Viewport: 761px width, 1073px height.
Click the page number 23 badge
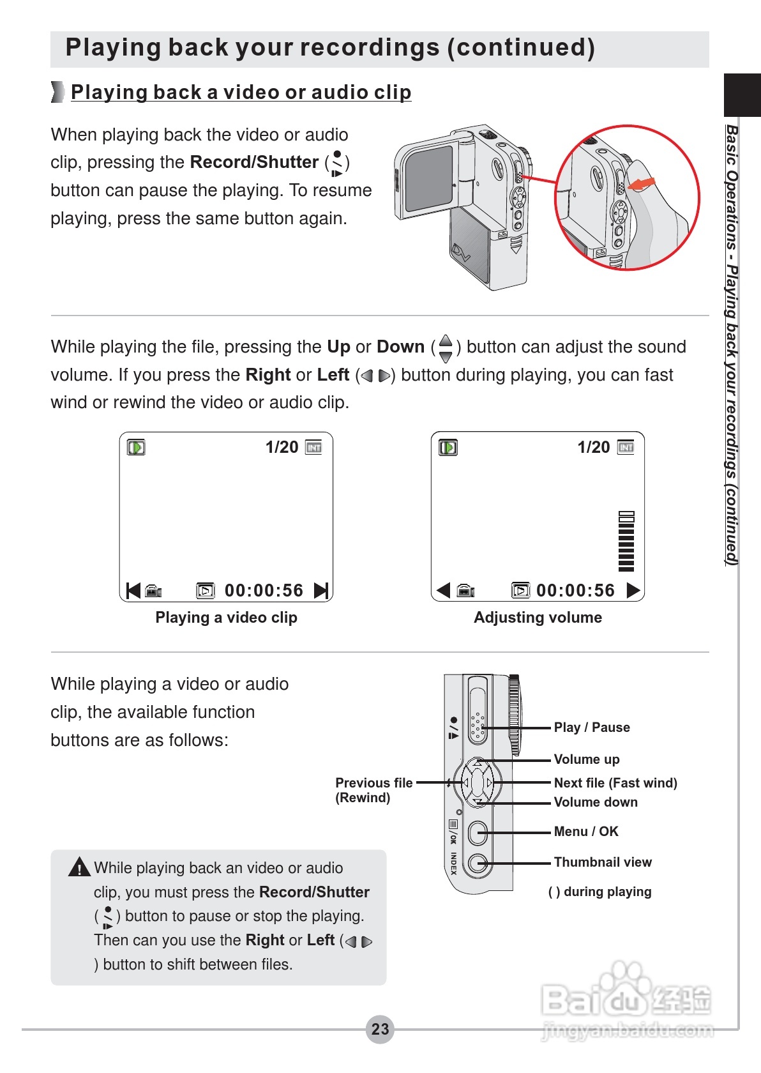tap(380, 1029)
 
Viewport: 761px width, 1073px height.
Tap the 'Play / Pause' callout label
tap(591, 727)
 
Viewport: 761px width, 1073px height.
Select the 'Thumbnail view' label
tap(603, 862)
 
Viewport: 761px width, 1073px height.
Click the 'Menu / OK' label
tap(586, 832)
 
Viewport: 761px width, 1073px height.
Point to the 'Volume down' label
tap(596, 802)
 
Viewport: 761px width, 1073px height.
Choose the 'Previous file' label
tap(373, 783)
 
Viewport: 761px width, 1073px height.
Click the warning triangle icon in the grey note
tap(79, 867)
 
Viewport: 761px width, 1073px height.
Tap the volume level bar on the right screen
tap(626, 542)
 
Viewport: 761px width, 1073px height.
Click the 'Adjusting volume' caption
tap(538, 618)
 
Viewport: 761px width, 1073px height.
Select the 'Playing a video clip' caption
tap(226, 618)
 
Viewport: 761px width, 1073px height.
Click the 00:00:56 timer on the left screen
tap(264, 590)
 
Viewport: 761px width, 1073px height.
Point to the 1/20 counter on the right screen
tap(594, 447)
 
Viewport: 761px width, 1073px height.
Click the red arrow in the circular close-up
tap(642, 184)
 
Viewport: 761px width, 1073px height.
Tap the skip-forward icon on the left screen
tap(321, 590)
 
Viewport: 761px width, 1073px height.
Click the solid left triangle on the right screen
tap(443, 590)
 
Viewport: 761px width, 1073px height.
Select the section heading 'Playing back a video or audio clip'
tap(241, 92)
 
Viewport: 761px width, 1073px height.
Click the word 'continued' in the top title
tap(521, 47)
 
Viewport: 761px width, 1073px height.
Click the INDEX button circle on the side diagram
tap(477, 864)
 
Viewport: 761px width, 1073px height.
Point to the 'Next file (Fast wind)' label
tap(615, 783)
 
